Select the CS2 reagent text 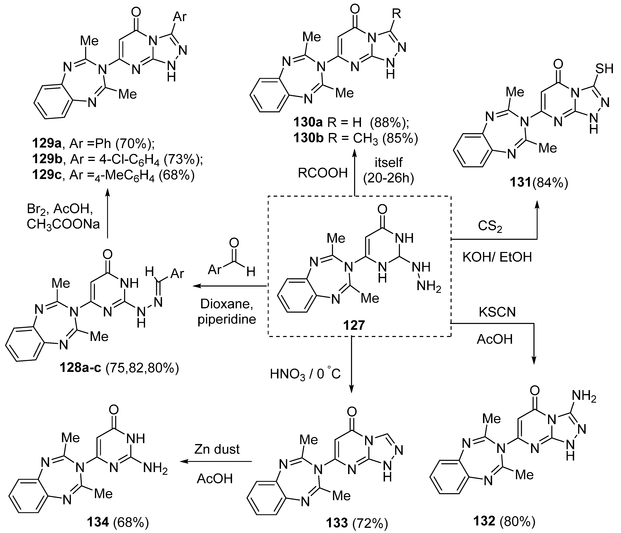pyautogui.click(x=491, y=226)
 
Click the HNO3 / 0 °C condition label pyautogui.click(x=305, y=374)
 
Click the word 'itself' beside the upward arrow pyautogui.click(x=388, y=163)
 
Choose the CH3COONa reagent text pyautogui.click(x=63, y=224)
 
